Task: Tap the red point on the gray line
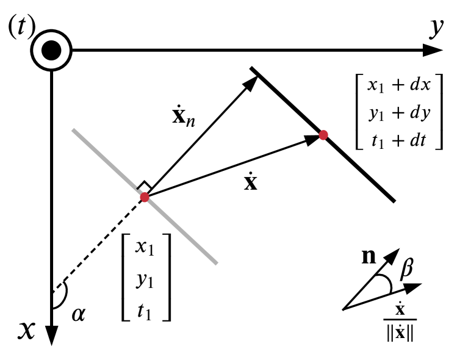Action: tap(145, 197)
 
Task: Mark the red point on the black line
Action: tap(323, 135)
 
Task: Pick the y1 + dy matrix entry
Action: tap(400, 113)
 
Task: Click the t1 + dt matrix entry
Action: tap(400, 142)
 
